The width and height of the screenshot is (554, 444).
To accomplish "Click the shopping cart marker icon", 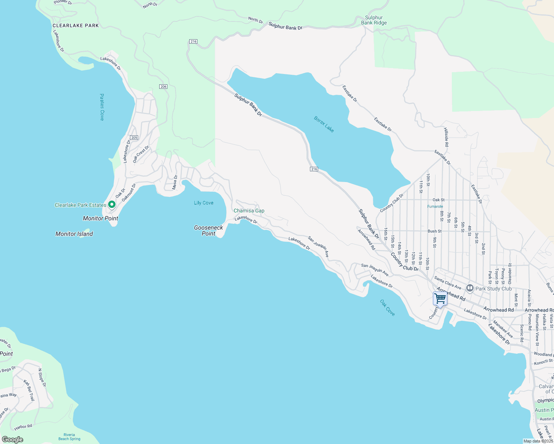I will [440, 299].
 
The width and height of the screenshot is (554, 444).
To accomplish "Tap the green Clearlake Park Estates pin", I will [111, 205].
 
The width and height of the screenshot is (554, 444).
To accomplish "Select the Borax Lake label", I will [324, 124].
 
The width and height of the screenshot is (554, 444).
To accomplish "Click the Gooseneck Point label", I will [208, 231].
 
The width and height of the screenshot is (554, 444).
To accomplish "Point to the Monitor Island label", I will [74, 234].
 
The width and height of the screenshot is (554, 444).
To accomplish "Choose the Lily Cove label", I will [204, 203].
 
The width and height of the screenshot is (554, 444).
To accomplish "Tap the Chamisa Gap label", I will [249, 211].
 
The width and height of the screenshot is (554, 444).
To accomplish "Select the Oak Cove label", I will [387, 308].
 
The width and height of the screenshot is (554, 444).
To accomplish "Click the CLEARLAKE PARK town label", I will [76, 26].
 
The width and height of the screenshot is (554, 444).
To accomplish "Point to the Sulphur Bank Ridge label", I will [374, 20].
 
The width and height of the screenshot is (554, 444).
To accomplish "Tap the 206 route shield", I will [163, 87].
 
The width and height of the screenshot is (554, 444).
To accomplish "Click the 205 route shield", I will [134, 138].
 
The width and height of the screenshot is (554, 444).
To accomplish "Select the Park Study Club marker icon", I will [470, 288].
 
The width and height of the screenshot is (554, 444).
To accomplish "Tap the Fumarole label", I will [435, 206].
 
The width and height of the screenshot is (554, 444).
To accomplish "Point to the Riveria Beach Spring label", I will [69, 437].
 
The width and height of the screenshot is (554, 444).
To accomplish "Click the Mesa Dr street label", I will [175, 182].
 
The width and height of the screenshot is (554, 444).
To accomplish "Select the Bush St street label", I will [434, 231].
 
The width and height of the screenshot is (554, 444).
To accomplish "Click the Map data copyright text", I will [538, 441].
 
